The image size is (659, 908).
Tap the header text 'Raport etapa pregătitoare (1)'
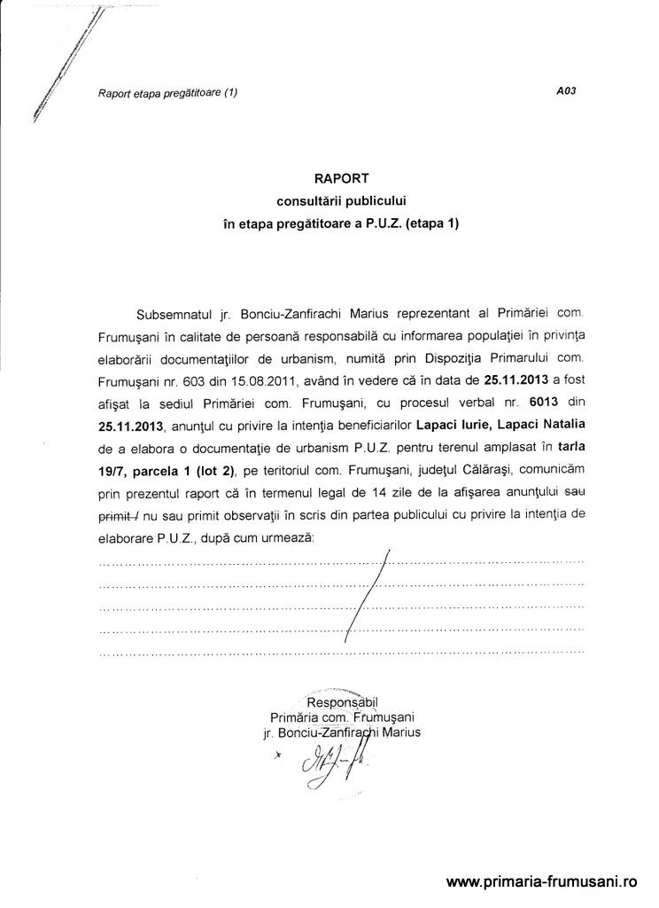pos(168,92)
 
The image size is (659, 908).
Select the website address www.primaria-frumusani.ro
pos(542,882)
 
